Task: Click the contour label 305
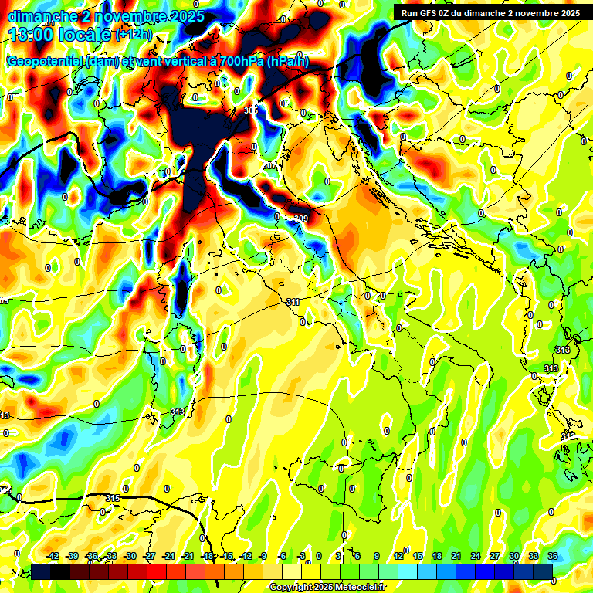251,110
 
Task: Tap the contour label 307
269,166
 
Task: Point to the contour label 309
300,219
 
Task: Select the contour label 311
293,302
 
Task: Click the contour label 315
113,496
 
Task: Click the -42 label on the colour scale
53,556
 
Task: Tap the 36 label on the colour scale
553,556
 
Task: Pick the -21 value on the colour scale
188,556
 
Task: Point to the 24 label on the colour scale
476,556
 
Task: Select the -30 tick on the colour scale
130,556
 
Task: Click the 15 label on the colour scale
418,556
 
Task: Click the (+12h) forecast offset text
134,35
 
